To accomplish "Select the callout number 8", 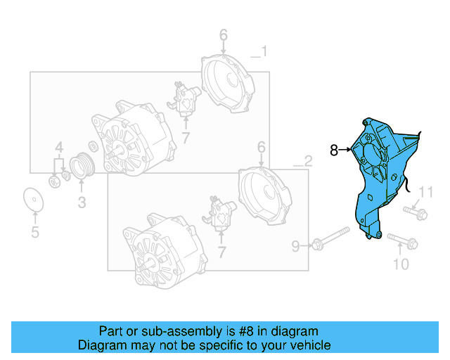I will [335, 149].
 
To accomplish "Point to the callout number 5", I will [34, 233].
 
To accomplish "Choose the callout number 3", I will [82, 203].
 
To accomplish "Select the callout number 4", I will [60, 148].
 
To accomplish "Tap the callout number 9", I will [296, 245].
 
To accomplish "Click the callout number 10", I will [400, 264].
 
